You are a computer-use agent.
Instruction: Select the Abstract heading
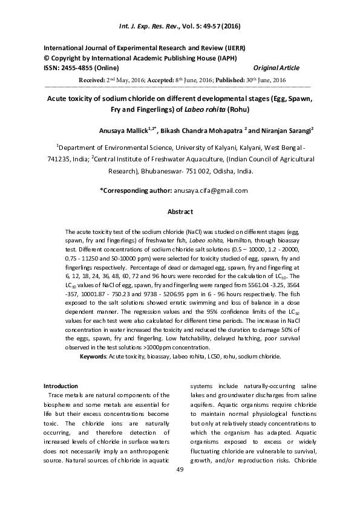180,212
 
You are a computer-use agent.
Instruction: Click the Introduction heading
61,386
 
